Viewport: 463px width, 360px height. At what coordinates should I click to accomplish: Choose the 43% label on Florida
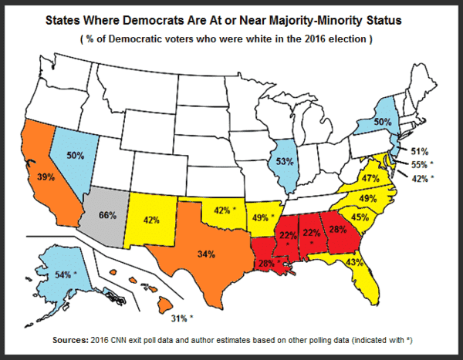pos(354,263)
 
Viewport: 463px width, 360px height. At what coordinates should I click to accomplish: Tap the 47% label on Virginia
pos(370,178)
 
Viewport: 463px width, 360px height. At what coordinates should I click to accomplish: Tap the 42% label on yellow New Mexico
pos(151,220)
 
